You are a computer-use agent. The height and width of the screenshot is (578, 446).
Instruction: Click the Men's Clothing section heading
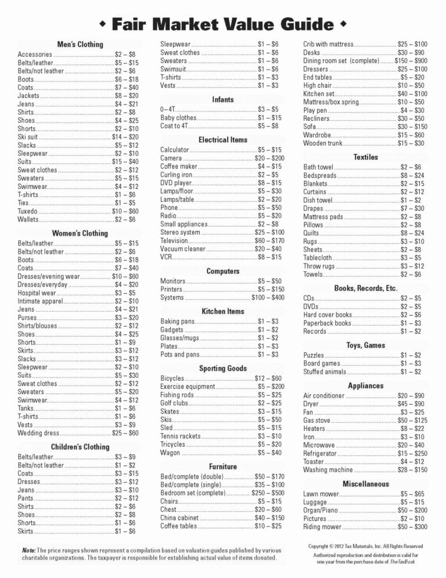point(80,44)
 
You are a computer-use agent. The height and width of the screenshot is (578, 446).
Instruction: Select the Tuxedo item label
point(28,211)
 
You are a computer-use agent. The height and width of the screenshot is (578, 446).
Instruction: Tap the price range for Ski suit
point(125,137)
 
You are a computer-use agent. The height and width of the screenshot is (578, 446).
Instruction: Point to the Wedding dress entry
point(39,433)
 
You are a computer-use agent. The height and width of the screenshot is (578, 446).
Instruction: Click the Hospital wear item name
point(37,293)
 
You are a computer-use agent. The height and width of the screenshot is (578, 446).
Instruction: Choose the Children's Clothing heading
point(80,447)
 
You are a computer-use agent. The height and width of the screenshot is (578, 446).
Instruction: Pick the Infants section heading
point(223,99)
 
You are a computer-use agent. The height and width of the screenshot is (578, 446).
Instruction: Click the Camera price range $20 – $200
point(269,158)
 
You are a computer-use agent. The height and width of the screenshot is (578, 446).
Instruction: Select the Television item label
point(174,241)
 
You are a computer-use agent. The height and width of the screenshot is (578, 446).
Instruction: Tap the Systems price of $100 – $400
point(268,298)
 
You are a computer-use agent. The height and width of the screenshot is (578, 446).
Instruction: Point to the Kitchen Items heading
point(223,311)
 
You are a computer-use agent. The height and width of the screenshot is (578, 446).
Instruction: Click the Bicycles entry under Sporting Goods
point(172,379)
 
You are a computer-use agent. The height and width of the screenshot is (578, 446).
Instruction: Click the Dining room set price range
point(411,60)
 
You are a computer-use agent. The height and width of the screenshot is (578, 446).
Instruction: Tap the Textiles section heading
point(365,157)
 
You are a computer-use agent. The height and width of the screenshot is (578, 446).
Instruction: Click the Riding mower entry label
point(322,527)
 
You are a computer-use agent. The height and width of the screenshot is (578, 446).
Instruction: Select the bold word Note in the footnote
point(28,550)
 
